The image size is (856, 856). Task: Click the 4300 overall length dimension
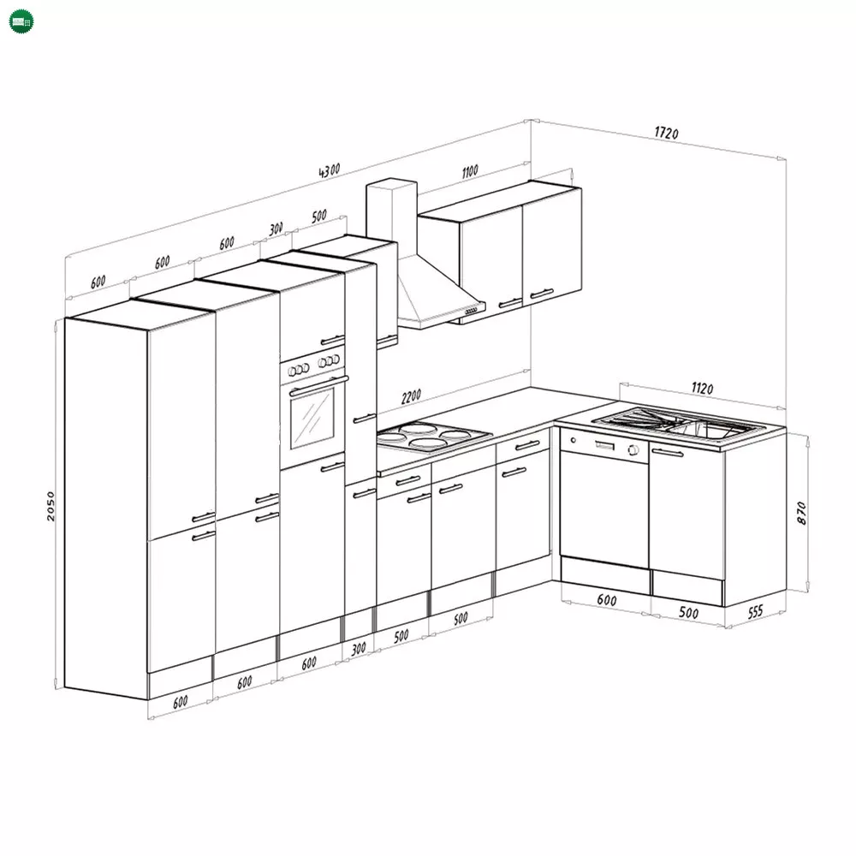330,170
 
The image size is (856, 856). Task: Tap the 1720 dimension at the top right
667,133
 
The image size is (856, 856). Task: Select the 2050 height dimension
51,506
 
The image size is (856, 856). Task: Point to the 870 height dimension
801,513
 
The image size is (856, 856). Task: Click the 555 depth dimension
755,612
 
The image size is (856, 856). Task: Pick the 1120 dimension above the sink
702,388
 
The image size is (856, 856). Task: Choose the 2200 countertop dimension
411,396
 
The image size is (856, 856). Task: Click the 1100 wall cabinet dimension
470,171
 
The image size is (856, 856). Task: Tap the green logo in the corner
21,22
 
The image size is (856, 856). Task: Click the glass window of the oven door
312,418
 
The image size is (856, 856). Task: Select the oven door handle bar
318,385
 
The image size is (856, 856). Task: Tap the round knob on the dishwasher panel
633,450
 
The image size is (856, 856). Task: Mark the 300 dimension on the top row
276,229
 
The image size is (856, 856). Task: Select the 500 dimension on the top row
319,217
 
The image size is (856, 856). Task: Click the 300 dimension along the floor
358,649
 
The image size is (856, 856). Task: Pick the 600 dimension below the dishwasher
607,600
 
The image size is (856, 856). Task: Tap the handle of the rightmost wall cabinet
542,294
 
